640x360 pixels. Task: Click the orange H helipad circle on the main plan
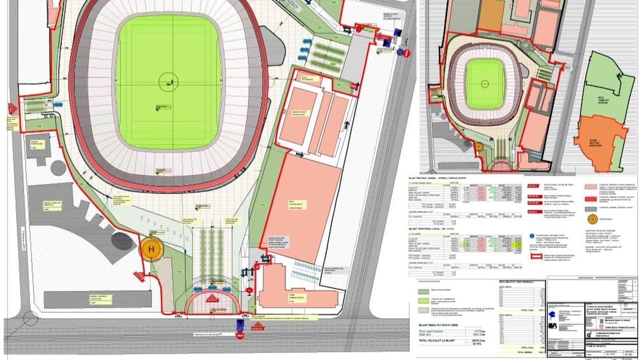(152, 250)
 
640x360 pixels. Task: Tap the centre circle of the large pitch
(168, 82)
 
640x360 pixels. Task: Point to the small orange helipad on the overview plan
(478, 145)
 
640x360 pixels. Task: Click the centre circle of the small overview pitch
(484, 84)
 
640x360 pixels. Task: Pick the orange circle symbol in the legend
(592, 219)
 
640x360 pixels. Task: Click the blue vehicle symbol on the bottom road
(240, 323)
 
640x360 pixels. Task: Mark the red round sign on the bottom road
(240, 335)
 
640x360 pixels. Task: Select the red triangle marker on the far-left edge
(12, 109)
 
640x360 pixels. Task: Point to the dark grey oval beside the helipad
(122, 241)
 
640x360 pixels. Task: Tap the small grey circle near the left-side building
(58, 168)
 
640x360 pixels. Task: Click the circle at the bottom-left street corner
(30, 318)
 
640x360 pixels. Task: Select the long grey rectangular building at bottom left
(97, 299)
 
